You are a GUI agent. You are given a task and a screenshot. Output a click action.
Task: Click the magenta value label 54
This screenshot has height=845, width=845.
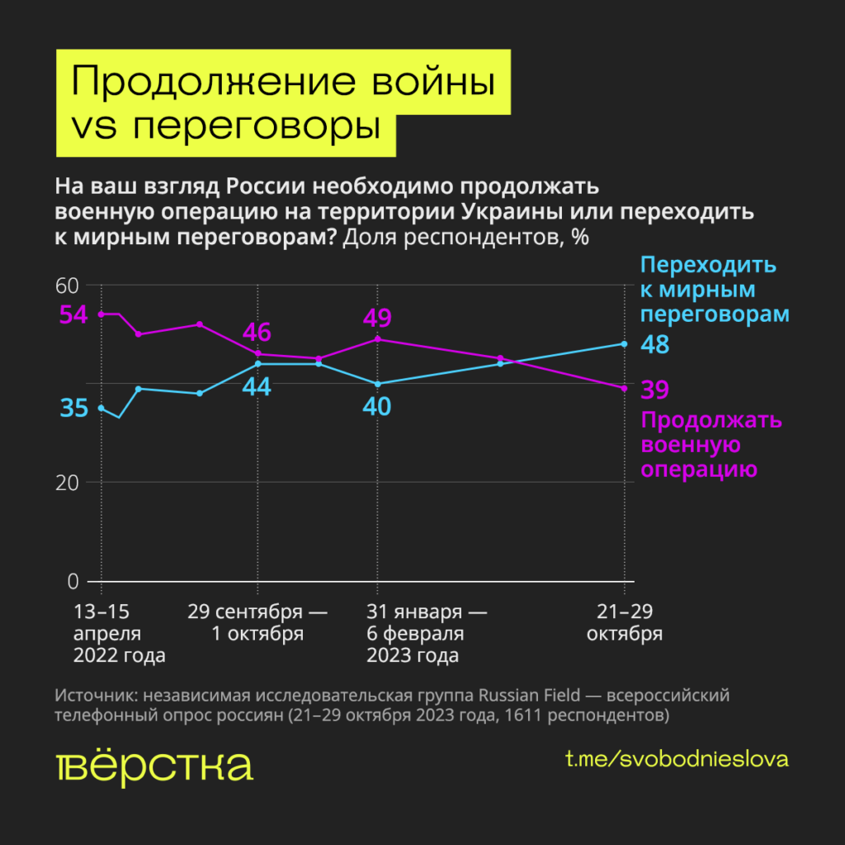pyautogui.click(x=73, y=314)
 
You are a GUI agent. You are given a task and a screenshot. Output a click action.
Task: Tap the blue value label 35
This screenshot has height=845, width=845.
pyautogui.click(x=73, y=408)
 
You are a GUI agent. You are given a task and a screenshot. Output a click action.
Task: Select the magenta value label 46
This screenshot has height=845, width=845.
pyautogui.click(x=257, y=333)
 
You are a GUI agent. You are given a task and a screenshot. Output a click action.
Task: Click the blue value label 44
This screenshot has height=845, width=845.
pyautogui.click(x=257, y=386)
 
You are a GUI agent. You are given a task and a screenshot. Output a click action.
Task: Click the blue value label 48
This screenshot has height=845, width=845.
pyautogui.click(x=655, y=345)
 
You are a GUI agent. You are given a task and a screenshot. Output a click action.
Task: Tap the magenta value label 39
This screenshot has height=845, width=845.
pyautogui.click(x=655, y=389)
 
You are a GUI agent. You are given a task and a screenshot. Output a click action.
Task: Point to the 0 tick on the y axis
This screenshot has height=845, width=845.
pyautogui.click(x=72, y=581)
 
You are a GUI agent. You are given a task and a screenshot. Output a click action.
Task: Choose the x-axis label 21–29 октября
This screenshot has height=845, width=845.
pyautogui.click(x=625, y=623)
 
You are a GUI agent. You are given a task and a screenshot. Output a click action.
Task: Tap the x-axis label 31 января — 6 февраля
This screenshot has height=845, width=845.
pyautogui.click(x=425, y=634)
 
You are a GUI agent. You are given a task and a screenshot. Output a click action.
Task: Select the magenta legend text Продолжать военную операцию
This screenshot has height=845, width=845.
pyautogui.click(x=711, y=446)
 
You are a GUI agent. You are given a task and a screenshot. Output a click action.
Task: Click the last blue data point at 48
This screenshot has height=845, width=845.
pyautogui.click(x=624, y=344)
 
